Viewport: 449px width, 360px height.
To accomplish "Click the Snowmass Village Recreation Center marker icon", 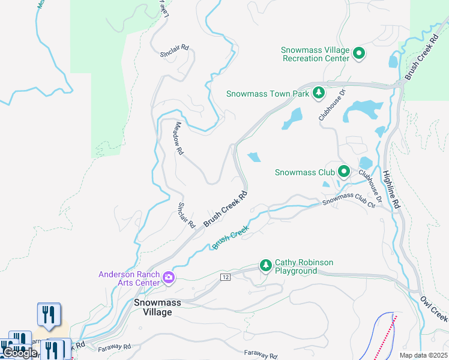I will (x=359, y=54).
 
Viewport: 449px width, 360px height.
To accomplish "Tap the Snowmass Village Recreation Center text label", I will (x=316, y=54).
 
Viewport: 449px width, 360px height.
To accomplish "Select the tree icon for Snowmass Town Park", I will (x=319, y=93).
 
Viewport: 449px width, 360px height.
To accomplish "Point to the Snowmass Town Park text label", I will (x=268, y=94).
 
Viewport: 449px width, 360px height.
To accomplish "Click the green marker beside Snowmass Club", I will (x=343, y=172).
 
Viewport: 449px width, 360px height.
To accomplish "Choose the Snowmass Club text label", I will (x=304, y=172).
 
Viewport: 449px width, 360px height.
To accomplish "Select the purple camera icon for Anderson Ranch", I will (x=169, y=278).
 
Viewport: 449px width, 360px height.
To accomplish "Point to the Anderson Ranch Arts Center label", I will (x=129, y=278).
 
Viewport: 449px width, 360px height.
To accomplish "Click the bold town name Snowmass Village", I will (x=157, y=307).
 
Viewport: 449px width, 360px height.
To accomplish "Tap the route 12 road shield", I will (x=225, y=277).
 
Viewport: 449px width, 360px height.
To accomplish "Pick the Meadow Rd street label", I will (x=178, y=139).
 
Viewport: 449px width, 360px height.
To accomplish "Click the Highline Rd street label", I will (x=390, y=190).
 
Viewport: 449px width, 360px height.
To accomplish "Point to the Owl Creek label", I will (x=433, y=308).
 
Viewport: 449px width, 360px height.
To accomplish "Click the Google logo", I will (x=19, y=353).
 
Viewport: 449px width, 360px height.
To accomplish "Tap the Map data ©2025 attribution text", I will (x=423, y=355).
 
